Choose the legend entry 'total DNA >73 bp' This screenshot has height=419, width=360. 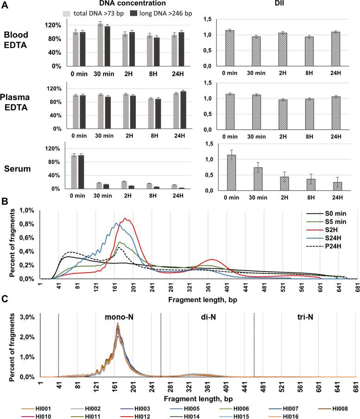tap(95, 13)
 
